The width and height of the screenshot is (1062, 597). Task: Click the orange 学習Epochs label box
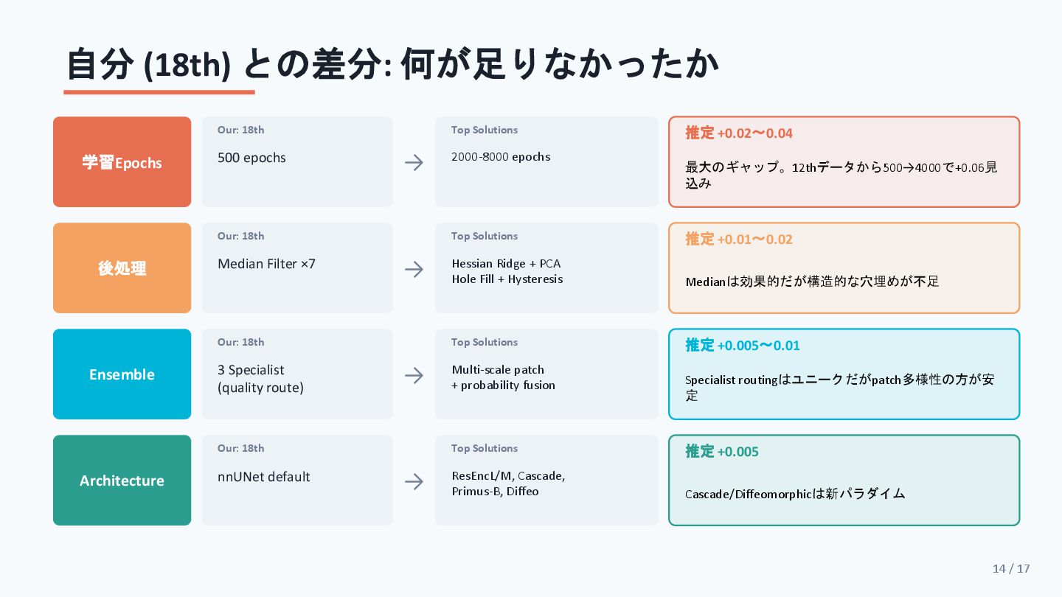(122, 162)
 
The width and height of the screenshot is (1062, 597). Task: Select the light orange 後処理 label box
(122, 268)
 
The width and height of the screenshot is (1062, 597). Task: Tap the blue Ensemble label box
(122, 374)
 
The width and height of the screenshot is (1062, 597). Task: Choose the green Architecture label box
(122, 481)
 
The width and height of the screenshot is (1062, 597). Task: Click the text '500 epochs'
(251, 158)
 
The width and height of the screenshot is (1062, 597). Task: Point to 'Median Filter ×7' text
(266, 264)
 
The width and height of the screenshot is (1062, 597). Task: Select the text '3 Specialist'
(251, 370)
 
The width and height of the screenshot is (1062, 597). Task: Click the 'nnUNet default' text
(264, 477)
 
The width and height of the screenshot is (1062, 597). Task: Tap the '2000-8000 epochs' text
(501, 157)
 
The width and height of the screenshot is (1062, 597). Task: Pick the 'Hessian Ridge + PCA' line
(507, 264)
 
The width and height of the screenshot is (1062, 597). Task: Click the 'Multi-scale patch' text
(498, 370)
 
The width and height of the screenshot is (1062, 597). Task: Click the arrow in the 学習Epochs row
(414, 162)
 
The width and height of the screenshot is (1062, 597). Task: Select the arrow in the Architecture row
(414, 481)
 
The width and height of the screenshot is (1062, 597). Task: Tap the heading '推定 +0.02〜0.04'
(739, 133)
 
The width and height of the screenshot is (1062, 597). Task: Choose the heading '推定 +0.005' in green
(722, 452)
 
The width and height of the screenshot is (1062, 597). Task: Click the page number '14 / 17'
(1011, 568)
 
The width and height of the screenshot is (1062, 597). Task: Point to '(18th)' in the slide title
(187, 66)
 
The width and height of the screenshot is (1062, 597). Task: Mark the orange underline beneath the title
(159, 92)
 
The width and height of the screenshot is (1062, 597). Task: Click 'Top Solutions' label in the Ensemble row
(485, 342)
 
